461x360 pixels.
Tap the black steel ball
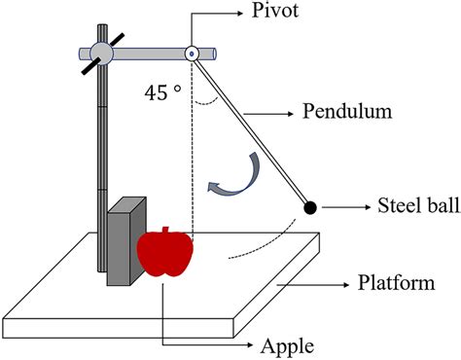(x=310, y=206)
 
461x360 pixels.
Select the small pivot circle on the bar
(x=192, y=54)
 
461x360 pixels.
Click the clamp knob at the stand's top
(x=100, y=54)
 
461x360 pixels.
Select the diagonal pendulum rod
(x=251, y=130)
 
